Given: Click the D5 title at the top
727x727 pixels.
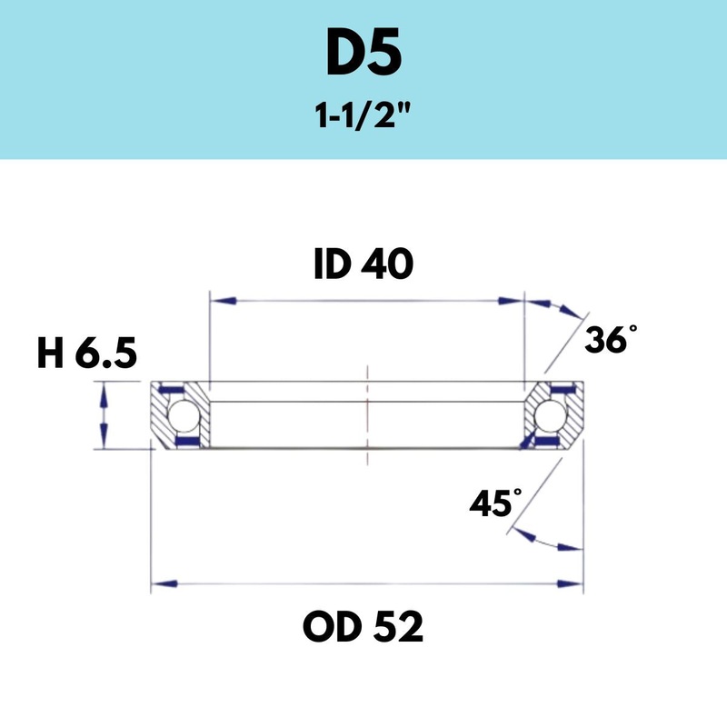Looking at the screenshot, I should coord(363,56).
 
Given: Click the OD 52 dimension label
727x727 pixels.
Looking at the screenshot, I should coord(363,627).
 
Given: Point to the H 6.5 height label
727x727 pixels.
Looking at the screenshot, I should coord(87,354).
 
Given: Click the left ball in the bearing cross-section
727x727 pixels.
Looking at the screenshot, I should coord(186,416).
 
